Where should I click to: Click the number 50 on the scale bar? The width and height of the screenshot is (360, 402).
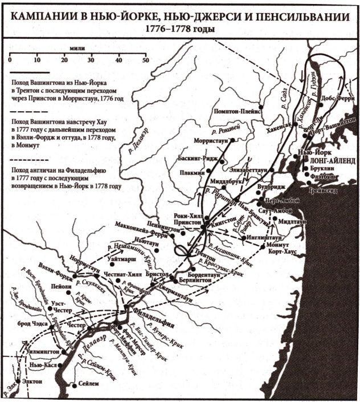[145, 61]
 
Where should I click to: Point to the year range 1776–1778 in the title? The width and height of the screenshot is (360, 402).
[179, 29]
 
